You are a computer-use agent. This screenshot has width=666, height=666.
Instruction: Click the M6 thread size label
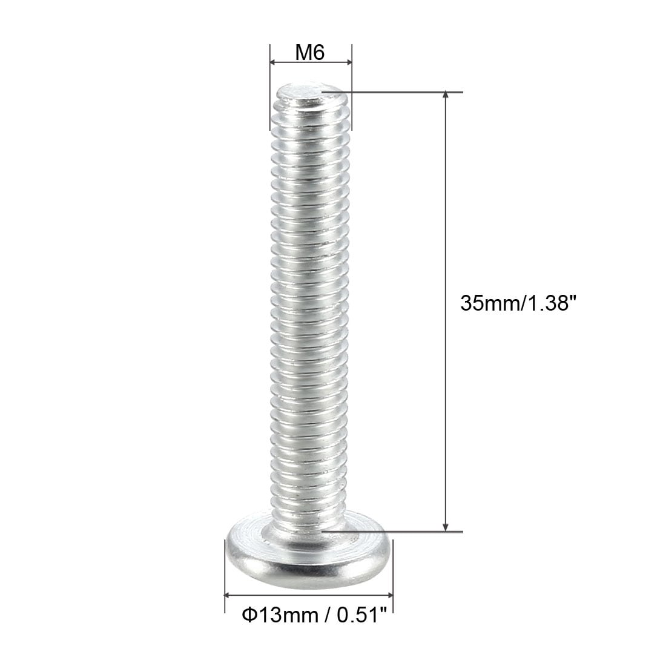310,53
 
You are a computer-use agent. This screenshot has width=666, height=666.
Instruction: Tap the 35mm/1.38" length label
518,303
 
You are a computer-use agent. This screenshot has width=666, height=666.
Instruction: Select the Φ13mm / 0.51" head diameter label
315,615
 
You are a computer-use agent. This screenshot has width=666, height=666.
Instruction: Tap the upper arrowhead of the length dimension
446,94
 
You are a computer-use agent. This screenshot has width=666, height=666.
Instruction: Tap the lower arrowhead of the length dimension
446,527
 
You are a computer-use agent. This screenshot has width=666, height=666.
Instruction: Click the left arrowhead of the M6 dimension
274,62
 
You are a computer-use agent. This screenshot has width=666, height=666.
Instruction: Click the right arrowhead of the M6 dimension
349,62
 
